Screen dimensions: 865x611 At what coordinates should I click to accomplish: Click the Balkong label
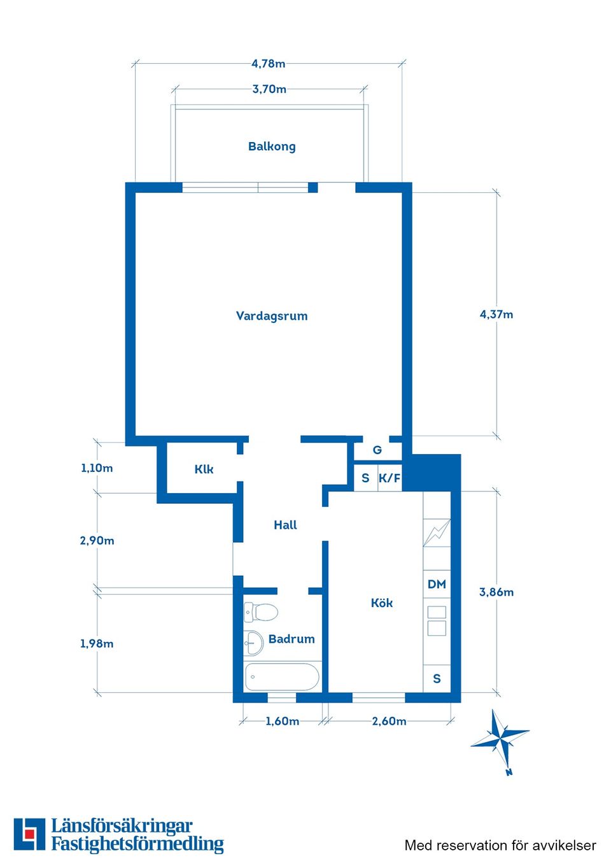pos(272,147)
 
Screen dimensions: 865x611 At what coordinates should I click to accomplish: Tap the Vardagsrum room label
pos(272,316)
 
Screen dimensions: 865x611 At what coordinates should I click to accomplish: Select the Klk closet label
pos(204,469)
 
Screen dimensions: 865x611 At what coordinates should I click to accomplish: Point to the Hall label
pos(285,525)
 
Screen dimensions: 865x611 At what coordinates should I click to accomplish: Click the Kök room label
pos(382,603)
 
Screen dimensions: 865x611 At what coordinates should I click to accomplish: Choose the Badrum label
pos(291,639)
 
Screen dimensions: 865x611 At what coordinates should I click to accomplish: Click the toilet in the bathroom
pos(262,613)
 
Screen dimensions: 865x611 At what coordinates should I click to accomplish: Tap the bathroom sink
pos(253,642)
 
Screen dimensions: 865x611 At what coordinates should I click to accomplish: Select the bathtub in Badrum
pos(282,676)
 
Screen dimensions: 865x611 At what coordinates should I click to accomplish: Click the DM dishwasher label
pos(437,584)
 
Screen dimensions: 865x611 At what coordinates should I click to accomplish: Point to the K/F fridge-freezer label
pos(390,478)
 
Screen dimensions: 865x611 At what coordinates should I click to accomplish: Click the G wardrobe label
pos(377,450)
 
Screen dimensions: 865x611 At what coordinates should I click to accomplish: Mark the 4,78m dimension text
pos(268,64)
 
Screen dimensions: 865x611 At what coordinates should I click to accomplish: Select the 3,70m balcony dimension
pos(269,89)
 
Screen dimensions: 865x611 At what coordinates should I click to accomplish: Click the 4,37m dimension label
pos(496,314)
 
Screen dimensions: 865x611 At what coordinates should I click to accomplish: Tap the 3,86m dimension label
pos(496,592)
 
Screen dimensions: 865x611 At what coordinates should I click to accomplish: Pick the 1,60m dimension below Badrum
pos(282,721)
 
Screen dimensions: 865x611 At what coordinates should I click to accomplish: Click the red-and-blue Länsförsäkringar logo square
pos(29,834)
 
